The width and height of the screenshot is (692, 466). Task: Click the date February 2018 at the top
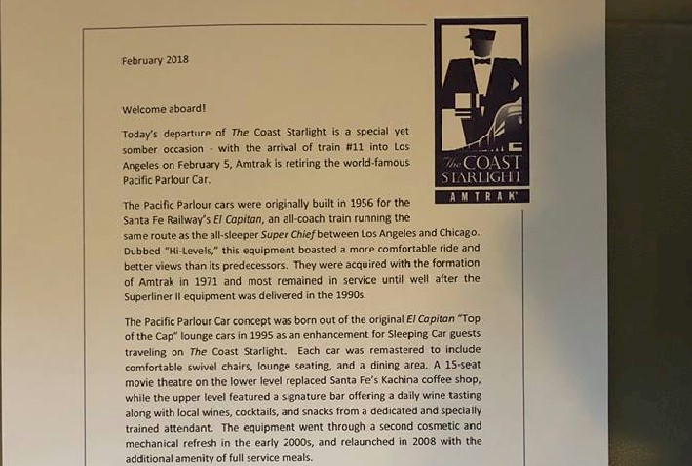[x=155, y=60]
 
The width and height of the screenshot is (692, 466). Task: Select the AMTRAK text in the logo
[x=481, y=196]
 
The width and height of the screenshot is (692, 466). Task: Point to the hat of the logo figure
[x=480, y=35]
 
